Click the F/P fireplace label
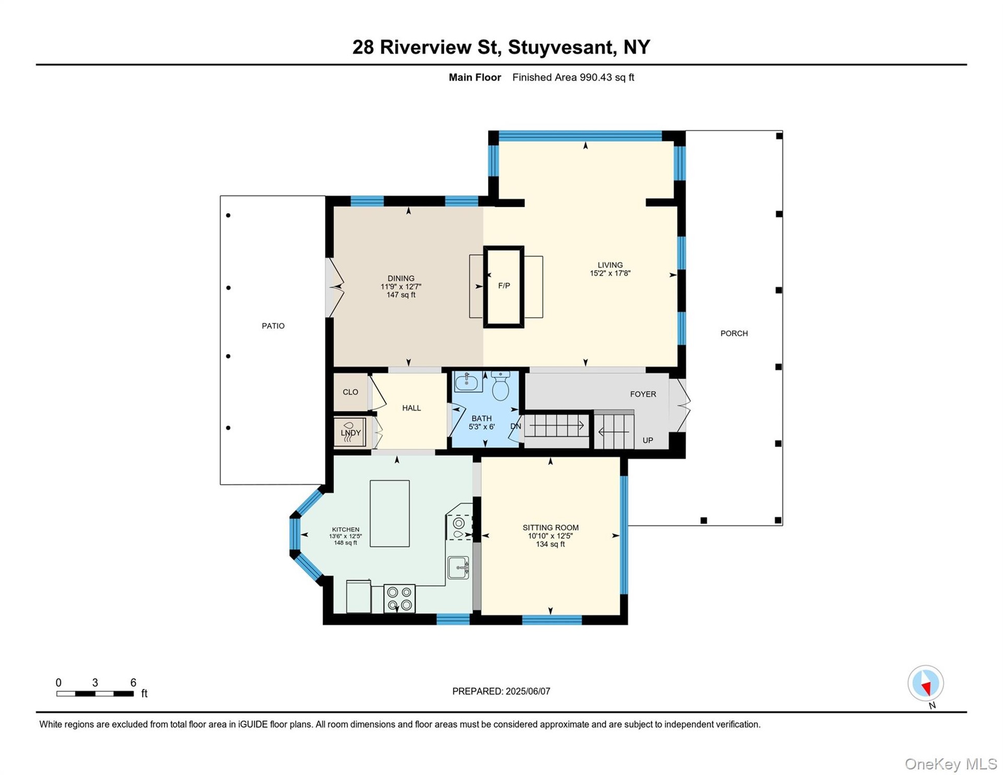click(x=504, y=286)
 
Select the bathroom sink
click(x=468, y=381)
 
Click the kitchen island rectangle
click(x=390, y=514)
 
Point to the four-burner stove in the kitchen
click(x=400, y=598)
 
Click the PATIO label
click(x=273, y=326)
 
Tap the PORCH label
click(x=734, y=333)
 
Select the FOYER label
click(x=643, y=395)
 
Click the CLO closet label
click(x=351, y=392)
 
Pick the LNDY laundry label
click(x=351, y=433)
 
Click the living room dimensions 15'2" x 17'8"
click(x=610, y=273)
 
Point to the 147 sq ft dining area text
click(x=401, y=295)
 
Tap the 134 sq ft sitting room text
click(x=550, y=545)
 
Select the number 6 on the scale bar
click(x=133, y=683)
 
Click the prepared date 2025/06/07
click(x=528, y=691)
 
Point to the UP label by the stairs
click(x=648, y=441)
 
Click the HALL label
click(x=412, y=408)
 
